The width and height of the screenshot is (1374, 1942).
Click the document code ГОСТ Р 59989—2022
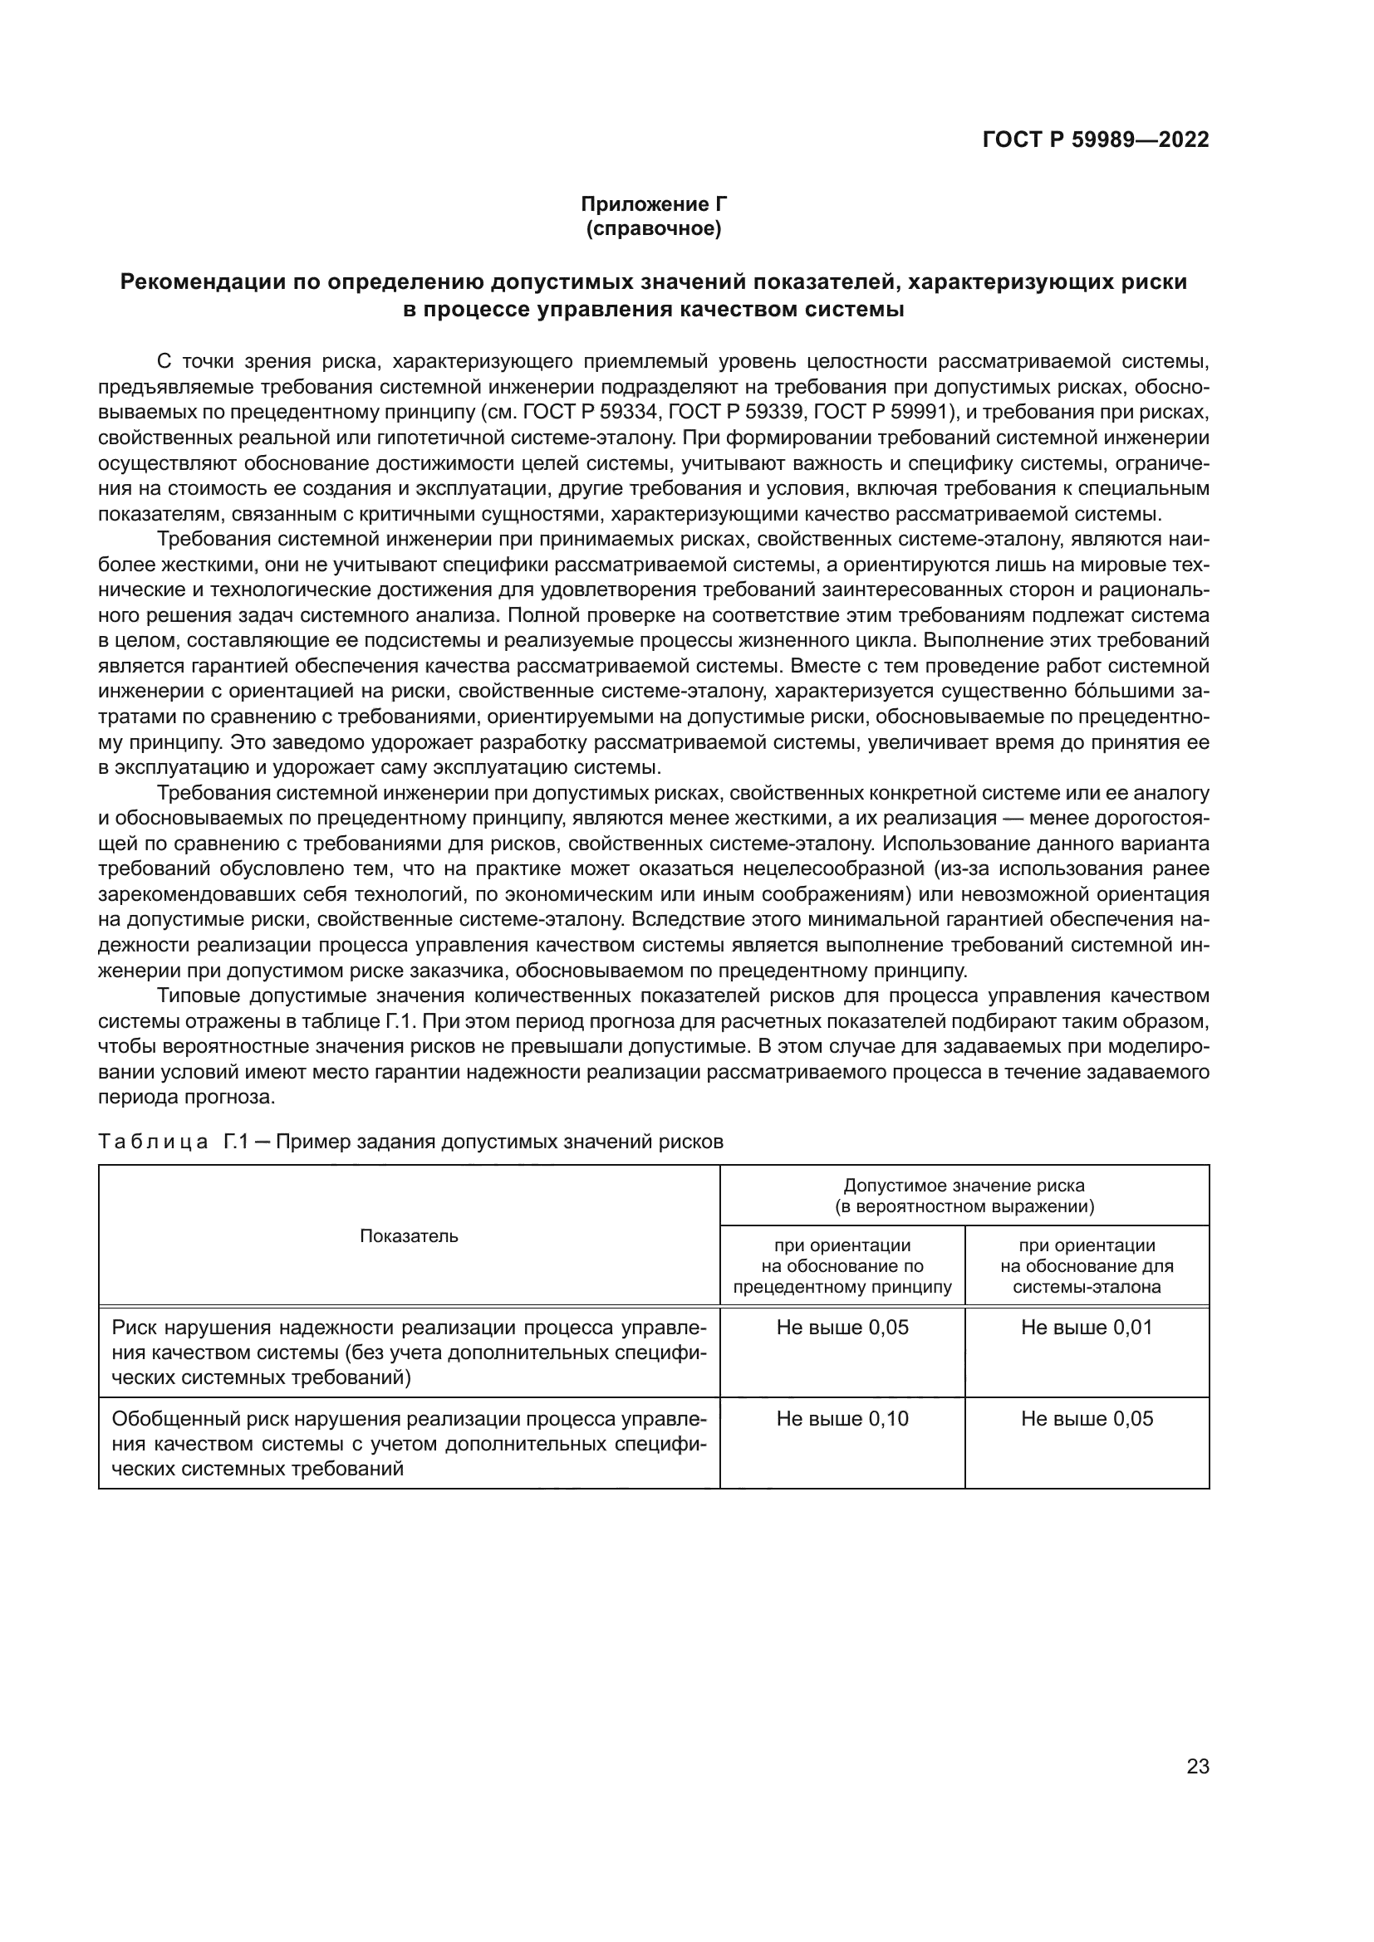[x=1095, y=140]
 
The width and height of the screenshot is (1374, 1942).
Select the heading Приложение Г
[x=653, y=204]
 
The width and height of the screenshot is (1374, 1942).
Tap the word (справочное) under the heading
[x=653, y=228]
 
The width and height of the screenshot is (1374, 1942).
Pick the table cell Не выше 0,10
[x=842, y=1418]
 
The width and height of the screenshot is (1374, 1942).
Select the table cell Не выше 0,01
[x=1087, y=1327]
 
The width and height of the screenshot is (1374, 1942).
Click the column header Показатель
[x=409, y=1235]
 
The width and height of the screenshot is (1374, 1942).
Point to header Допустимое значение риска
[x=964, y=1185]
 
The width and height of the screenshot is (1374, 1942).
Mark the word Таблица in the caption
[x=153, y=1142]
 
